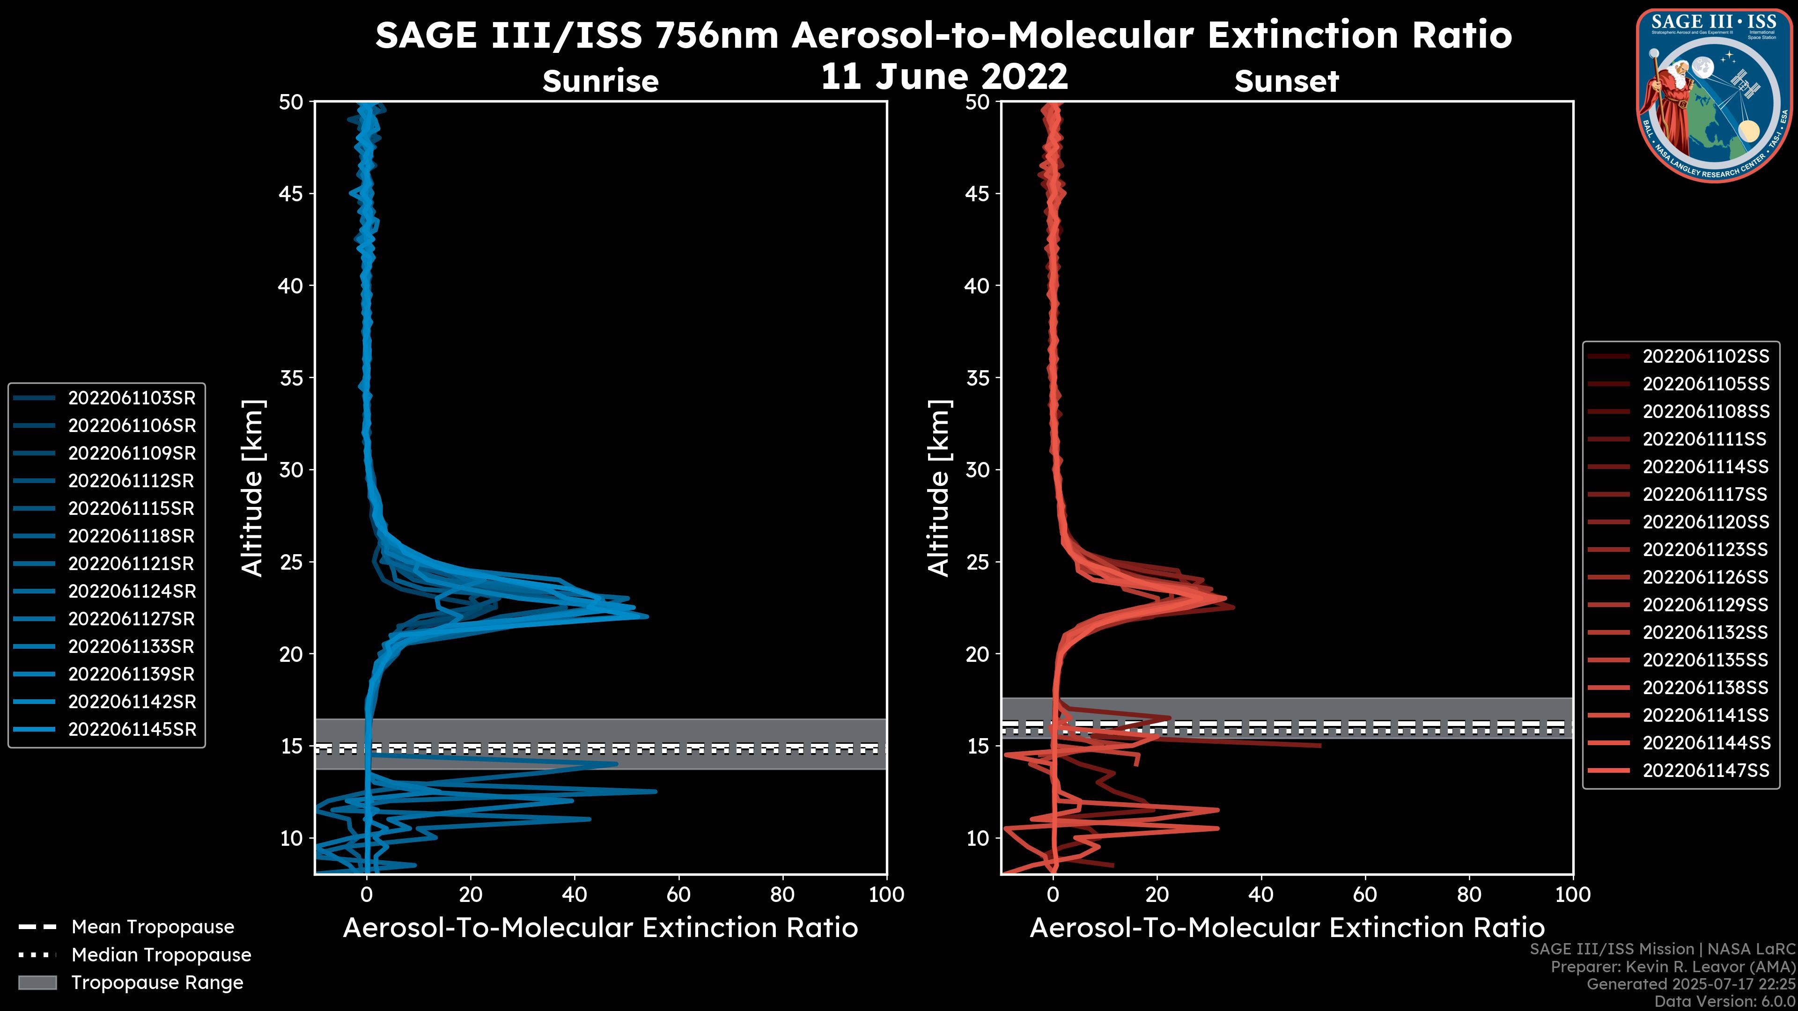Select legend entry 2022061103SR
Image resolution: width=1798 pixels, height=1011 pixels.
click(x=131, y=398)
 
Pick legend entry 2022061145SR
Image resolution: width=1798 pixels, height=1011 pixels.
click(x=131, y=729)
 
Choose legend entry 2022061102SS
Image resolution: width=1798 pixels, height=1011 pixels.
click(x=1705, y=357)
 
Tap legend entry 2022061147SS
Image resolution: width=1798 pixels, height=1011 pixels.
click(x=1705, y=770)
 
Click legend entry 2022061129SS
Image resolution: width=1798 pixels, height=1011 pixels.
click(x=1705, y=604)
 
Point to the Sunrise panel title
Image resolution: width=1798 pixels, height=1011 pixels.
click(x=600, y=81)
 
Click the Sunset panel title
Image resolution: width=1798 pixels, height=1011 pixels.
click(x=1286, y=81)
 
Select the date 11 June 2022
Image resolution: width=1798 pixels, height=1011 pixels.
click(x=943, y=76)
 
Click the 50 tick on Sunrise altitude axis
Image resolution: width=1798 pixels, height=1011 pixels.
click(x=291, y=102)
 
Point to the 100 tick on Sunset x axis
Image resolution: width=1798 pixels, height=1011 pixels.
click(x=1573, y=894)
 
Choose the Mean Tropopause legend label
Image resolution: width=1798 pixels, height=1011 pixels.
click(x=153, y=927)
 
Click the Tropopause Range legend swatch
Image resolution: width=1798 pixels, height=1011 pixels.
click(x=37, y=982)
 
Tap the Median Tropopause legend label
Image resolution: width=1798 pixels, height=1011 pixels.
click(x=161, y=954)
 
